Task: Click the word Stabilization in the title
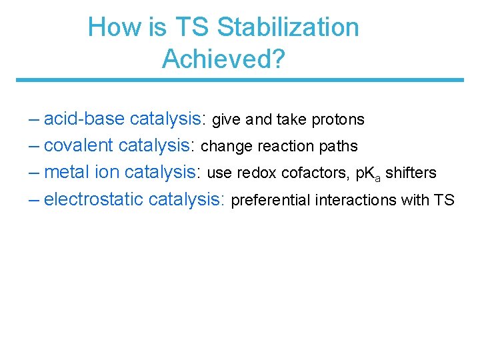pos(288,27)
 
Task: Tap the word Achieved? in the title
pos(223,59)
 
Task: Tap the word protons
pos(338,120)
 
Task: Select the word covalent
pos(80,146)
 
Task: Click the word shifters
pos(411,173)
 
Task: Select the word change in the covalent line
pos(222,147)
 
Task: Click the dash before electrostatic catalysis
pos(35,199)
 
